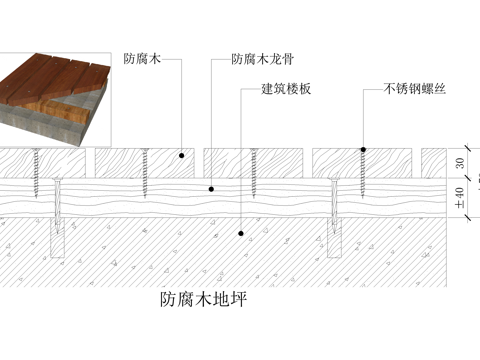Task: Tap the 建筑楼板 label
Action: point(287,90)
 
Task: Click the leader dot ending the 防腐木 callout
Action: point(182,155)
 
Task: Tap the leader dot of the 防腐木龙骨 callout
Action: point(212,188)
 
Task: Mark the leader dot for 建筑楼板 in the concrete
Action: point(240,234)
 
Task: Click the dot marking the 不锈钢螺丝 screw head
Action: point(364,150)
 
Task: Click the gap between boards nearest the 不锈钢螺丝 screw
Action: point(308,161)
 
